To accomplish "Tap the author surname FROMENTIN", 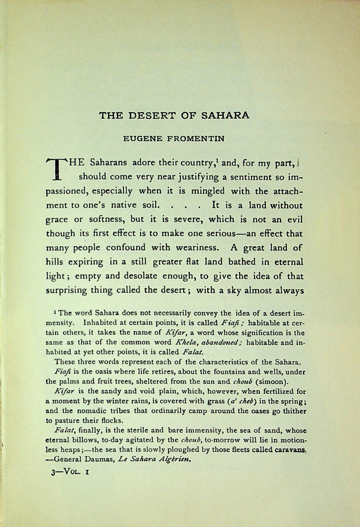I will pos(196,138).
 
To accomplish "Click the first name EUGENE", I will pos(142,138).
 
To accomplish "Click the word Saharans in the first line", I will pos(108,163).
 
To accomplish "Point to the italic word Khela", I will pos(184,342).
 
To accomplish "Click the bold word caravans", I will pos(290,449).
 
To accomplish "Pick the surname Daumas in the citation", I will pos(100,459).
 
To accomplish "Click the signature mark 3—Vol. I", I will pos(70,472).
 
